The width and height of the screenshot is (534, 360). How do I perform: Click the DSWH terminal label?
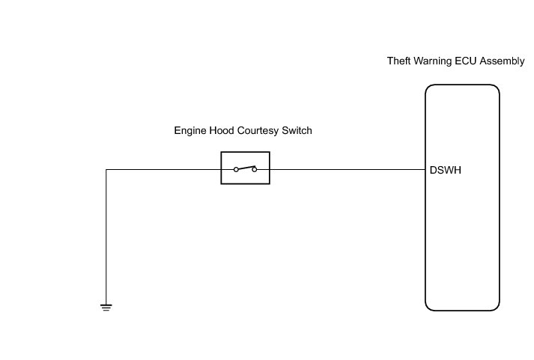[446, 170]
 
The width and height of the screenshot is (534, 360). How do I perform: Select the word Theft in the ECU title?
[398, 61]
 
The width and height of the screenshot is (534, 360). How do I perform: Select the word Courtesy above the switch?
[259, 131]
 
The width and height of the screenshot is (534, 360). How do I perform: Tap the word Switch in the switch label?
[297, 131]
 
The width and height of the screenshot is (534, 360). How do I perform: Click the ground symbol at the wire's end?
[106, 306]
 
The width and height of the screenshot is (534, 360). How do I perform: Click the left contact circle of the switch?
[235, 170]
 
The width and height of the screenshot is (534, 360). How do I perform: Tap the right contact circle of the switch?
[255, 170]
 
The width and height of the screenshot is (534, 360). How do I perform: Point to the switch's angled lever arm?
[245, 167]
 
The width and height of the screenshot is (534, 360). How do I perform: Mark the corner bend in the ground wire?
[106, 170]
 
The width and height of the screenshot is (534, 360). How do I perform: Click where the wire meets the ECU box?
[425, 170]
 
